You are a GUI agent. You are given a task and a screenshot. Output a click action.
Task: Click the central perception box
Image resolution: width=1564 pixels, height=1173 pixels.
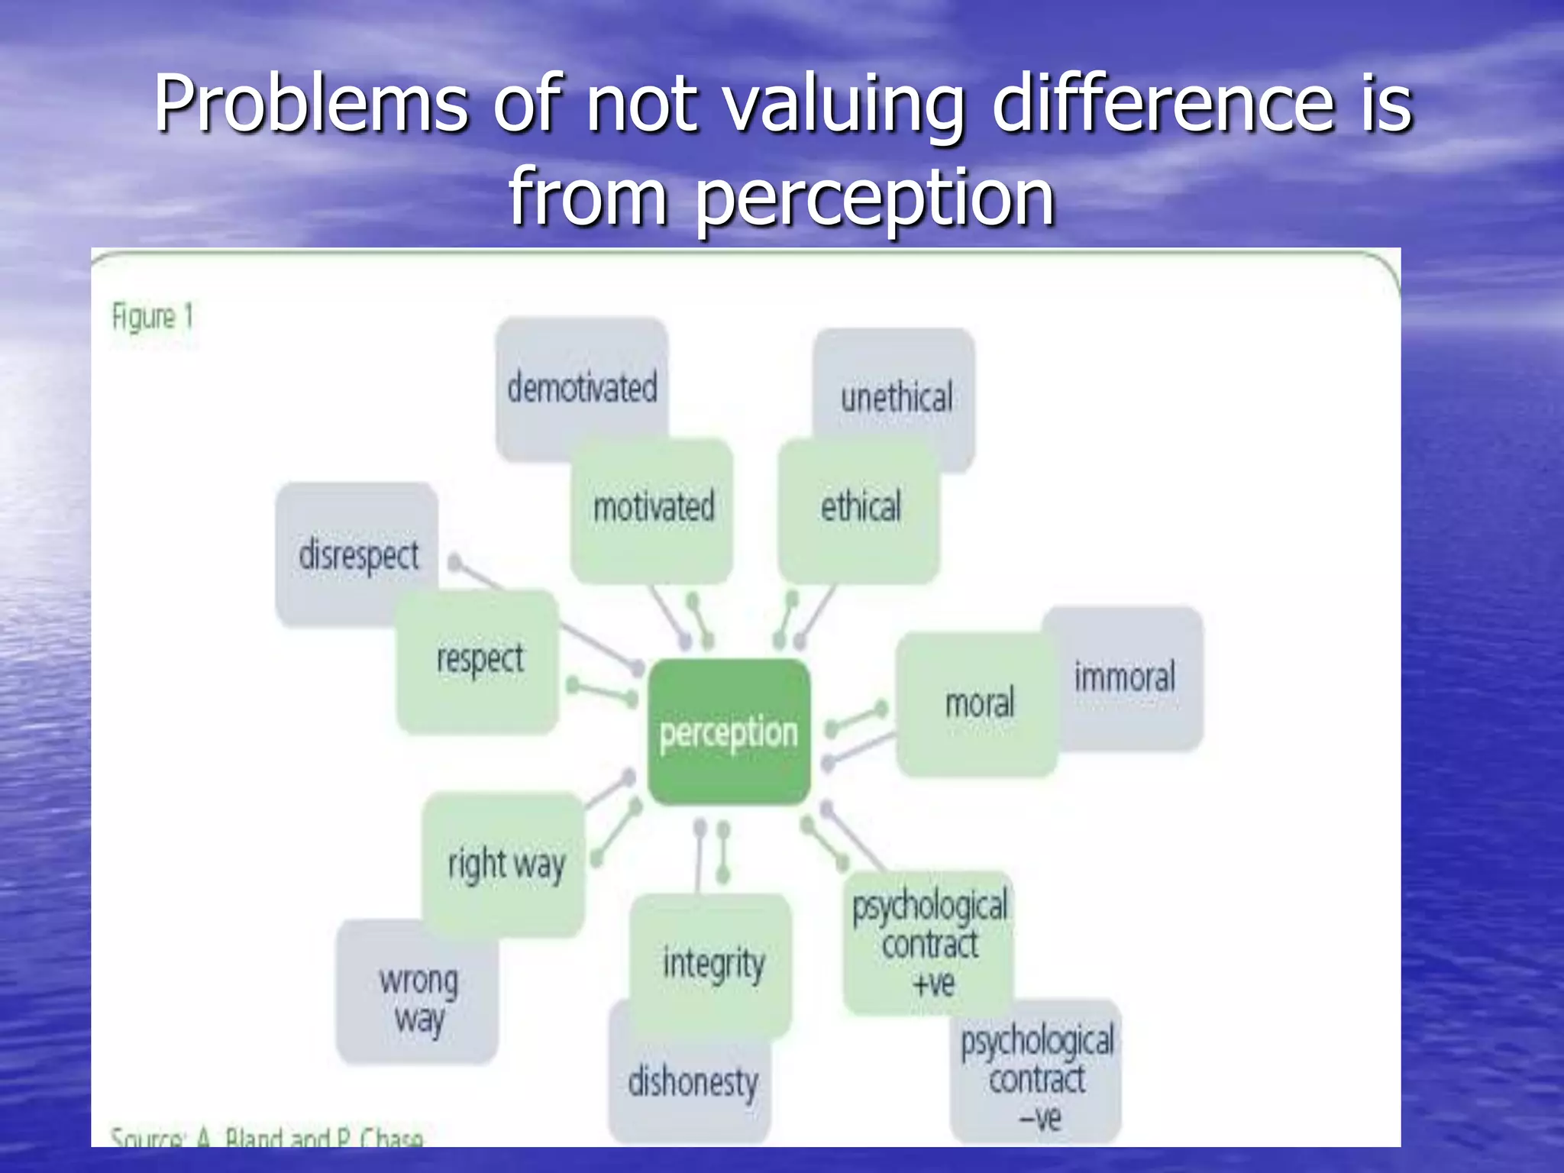click(x=729, y=732)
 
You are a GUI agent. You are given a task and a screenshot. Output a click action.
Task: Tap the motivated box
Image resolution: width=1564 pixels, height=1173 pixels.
click(x=653, y=508)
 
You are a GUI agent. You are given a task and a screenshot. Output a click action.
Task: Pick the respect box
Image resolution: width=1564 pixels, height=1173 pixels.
click(x=479, y=661)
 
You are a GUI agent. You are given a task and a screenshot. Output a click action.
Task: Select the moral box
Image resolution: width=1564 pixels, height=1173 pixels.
click(x=978, y=703)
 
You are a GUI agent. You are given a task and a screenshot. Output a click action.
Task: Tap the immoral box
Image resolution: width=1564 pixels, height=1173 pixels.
click(x=1124, y=678)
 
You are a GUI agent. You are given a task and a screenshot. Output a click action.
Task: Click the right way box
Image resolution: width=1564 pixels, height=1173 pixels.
click(x=505, y=864)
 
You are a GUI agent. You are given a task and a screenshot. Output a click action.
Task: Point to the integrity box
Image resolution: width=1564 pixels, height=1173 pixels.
click(x=713, y=964)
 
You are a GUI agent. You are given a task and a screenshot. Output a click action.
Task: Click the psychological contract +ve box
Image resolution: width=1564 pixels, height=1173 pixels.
click(x=929, y=944)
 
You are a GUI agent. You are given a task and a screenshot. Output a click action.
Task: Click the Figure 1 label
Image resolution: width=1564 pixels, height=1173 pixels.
click(x=153, y=316)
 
